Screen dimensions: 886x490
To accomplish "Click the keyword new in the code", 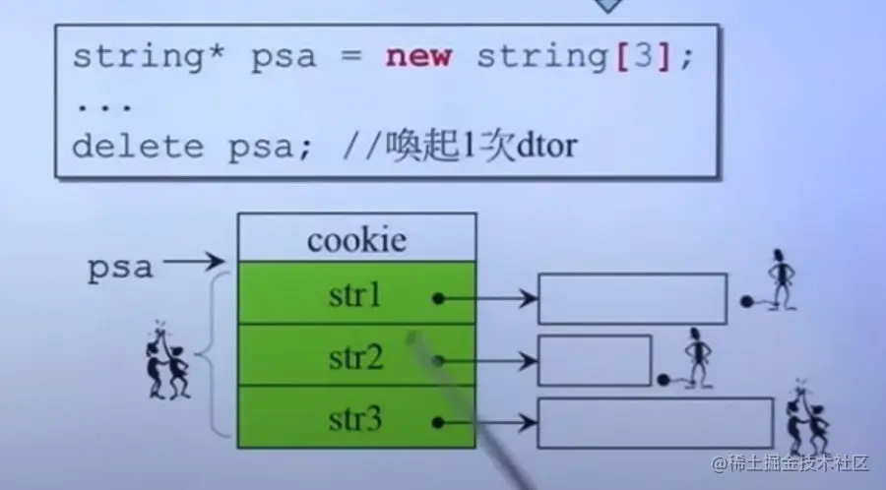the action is click(x=418, y=56).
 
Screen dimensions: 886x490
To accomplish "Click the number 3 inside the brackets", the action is click(x=640, y=56).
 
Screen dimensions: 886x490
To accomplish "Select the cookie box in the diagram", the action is click(x=356, y=239).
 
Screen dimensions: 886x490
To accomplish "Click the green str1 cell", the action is click(x=356, y=294).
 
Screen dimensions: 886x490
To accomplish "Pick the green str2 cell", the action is click(x=356, y=356).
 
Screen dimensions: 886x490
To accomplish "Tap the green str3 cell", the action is click(x=356, y=417).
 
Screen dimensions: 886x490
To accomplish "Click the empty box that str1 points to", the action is click(x=631, y=298).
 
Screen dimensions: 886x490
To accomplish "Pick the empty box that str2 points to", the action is click(x=595, y=360).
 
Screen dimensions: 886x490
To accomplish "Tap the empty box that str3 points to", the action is click(x=655, y=423).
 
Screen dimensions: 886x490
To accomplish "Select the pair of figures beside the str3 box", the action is click(x=806, y=417).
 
